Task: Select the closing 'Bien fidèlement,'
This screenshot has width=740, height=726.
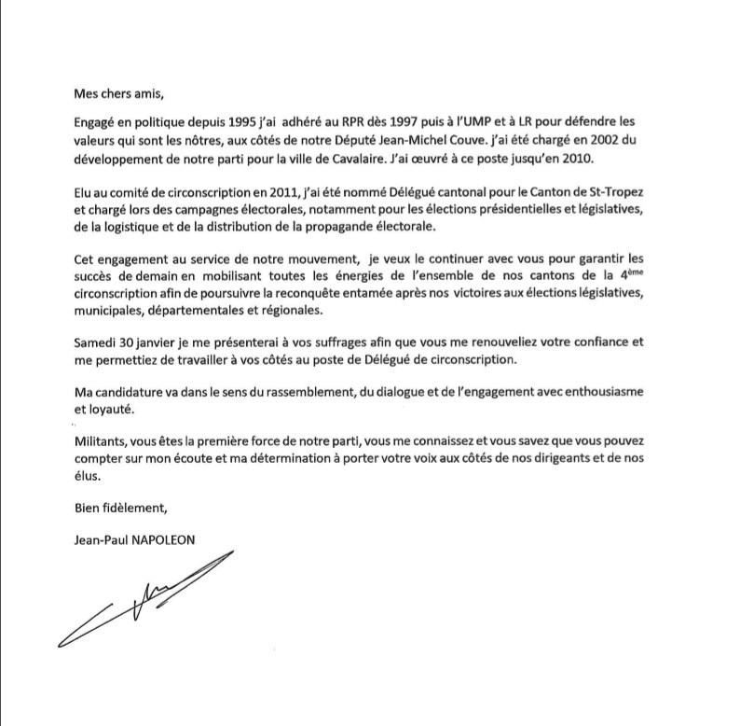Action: coord(119,509)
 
